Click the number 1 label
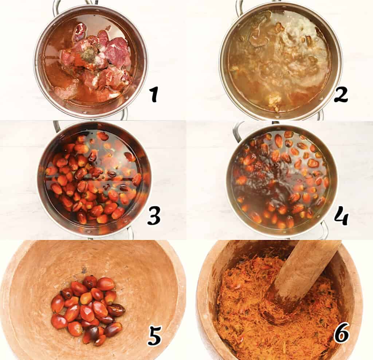pos(154,94)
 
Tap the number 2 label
pos(341,94)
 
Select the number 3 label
pos(153,217)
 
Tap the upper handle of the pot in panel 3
pos(57,126)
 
